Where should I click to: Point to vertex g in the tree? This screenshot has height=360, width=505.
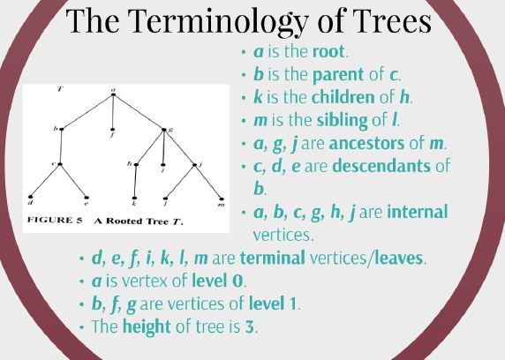click(164, 130)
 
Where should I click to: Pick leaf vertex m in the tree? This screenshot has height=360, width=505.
click(221, 196)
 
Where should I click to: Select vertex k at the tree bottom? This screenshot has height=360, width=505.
click(134, 196)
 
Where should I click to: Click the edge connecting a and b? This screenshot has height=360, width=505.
click(88, 111)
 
